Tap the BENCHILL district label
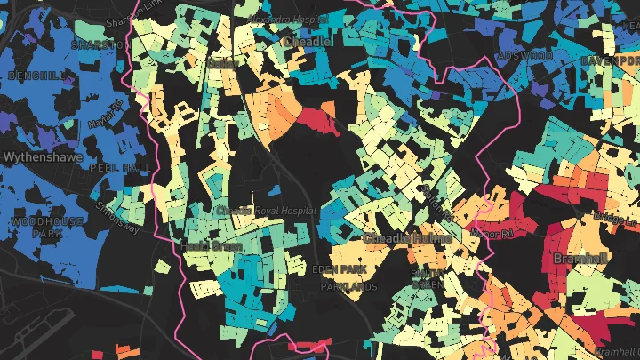point(35,76)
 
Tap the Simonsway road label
point(118,216)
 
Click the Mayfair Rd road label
point(104,116)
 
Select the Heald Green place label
point(205,244)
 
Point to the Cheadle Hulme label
point(408,239)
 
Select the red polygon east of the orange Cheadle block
point(317,119)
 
